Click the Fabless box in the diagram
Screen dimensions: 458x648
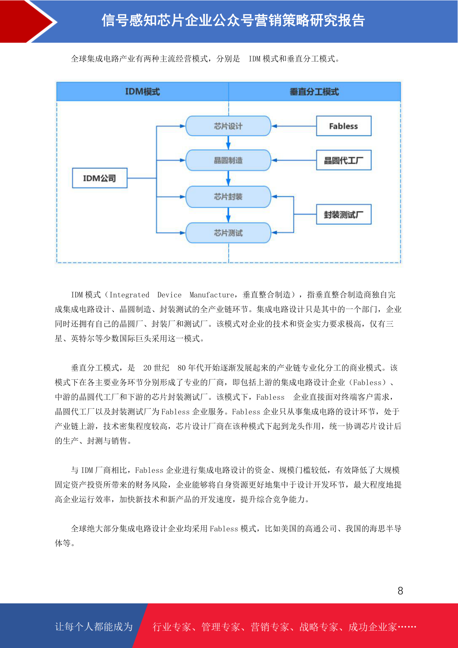(343, 126)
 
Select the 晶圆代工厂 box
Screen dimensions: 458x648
(343, 160)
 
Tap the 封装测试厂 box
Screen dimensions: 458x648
(343, 214)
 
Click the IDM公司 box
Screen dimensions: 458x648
(100, 178)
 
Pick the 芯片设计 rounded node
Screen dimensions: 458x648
(228, 126)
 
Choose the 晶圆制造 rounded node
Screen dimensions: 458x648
(228, 160)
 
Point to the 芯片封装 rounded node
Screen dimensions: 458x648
(228, 197)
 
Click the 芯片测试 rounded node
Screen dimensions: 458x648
(228, 232)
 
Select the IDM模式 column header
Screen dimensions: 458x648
(143, 92)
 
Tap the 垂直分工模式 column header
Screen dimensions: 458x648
(315, 92)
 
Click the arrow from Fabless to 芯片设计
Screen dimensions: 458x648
(294, 126)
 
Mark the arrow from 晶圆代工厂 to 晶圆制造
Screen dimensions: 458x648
(294, 160)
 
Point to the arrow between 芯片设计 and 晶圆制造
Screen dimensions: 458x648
(228, 143)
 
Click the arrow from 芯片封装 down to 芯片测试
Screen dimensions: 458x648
(228, 215)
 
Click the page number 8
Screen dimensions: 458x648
(400, 590)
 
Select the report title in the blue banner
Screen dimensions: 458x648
(233, 20)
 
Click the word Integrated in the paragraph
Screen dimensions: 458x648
(129, 295)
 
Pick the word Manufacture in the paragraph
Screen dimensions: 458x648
(212, 295)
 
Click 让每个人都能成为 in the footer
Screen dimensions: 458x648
(94, 626)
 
